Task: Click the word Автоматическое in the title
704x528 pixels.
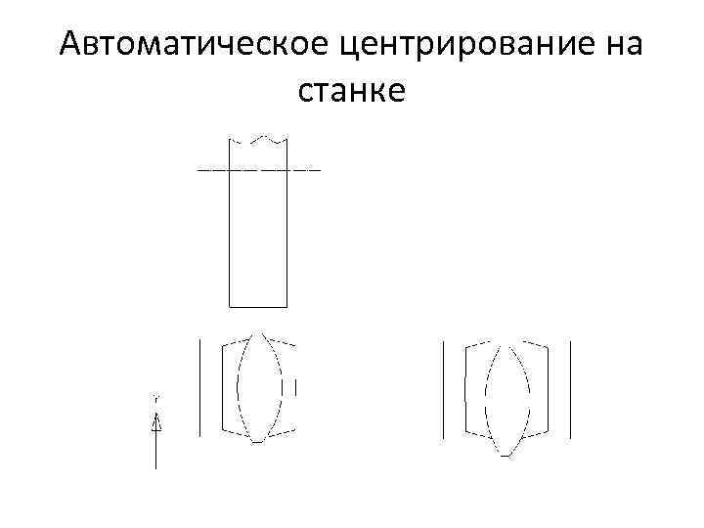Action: point(196,45)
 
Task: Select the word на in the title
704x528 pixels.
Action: point(618,45)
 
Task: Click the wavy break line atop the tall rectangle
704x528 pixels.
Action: point(257,140)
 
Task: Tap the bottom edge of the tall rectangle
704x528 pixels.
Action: point(257,306)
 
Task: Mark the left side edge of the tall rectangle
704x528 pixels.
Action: point(229,235)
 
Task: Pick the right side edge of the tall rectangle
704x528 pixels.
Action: point(286,235)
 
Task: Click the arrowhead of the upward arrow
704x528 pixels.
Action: point(155,422)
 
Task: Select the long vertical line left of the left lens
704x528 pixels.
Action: point(199,386)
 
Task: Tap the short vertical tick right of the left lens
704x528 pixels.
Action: point(295,387)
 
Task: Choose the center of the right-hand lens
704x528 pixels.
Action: point(506,399)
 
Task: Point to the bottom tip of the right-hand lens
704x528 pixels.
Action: point(506,456)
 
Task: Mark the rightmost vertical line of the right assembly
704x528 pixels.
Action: point(570,388)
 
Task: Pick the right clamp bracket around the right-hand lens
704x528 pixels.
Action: point(544,388)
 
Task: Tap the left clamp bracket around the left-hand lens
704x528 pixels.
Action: point(227,386)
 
